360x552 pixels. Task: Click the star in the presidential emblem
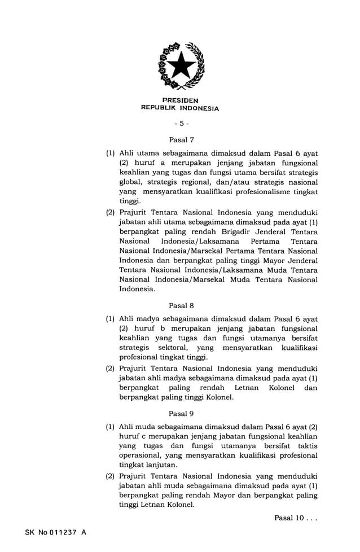(x=181, y=67)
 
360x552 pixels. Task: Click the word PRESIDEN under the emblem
(x=180, y=100)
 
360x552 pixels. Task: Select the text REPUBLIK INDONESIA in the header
(x=180, y=108)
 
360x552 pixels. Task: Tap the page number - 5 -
(x=181, y=123)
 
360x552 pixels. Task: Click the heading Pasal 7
(x=181, y=139)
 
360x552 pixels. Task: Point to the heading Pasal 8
(x=181, y=305)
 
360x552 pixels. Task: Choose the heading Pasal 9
(x=181, y=413)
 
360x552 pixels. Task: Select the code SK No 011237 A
(x=55, y=532)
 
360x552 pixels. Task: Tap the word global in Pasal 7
(x=130, y=182)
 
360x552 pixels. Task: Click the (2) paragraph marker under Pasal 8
(x=111, y=368)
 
